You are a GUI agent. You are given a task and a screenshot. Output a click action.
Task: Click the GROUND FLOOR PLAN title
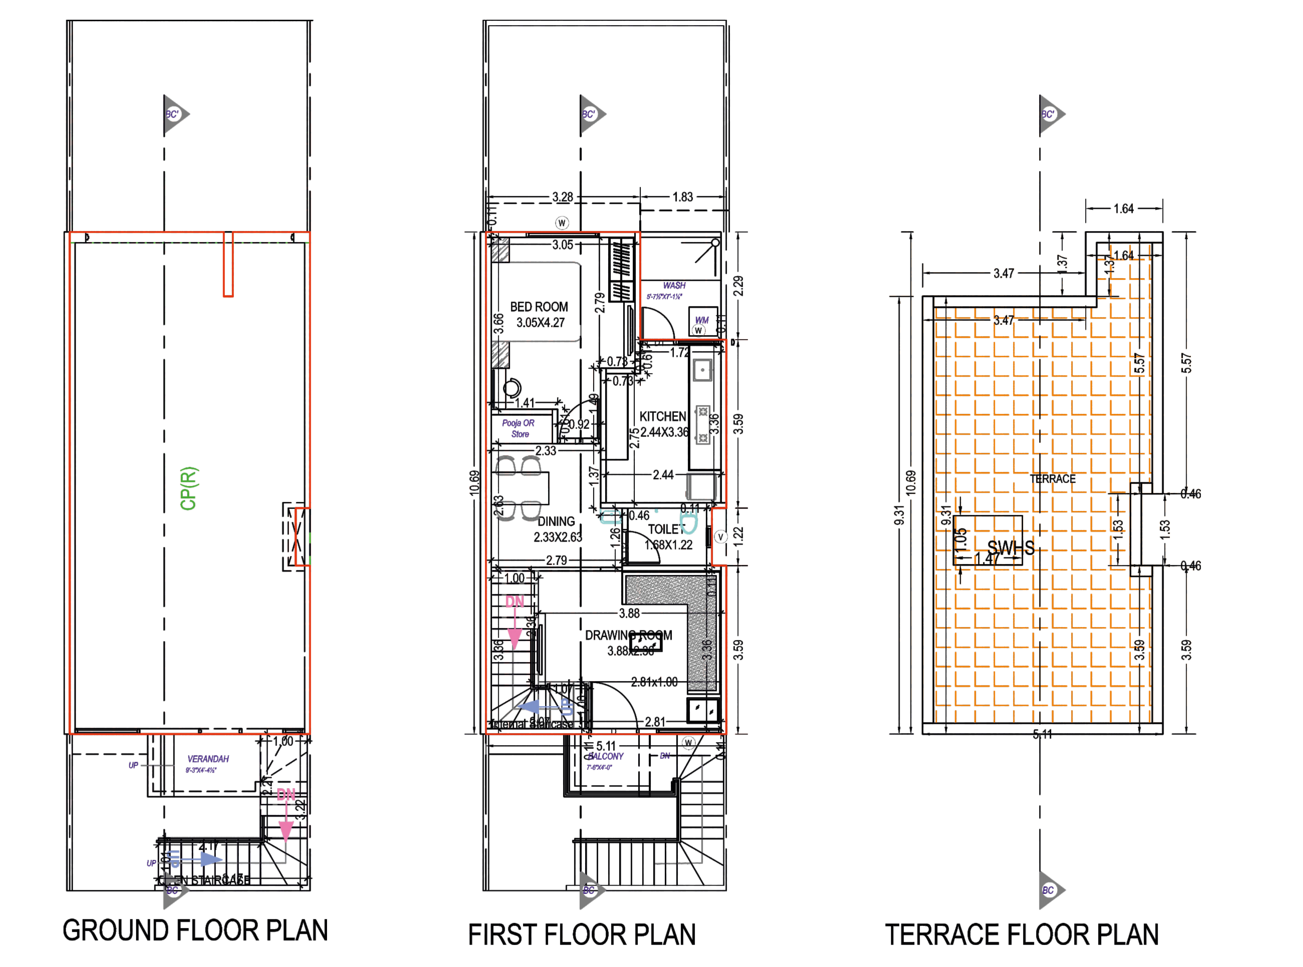195,931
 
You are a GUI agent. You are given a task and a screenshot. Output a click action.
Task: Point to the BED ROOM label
539,307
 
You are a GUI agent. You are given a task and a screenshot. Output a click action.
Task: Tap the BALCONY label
606,756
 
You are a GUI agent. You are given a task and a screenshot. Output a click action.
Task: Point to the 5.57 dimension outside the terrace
1186,363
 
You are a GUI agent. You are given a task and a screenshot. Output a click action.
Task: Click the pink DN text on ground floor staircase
286,794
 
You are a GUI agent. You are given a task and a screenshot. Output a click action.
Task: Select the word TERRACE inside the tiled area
1052,479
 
